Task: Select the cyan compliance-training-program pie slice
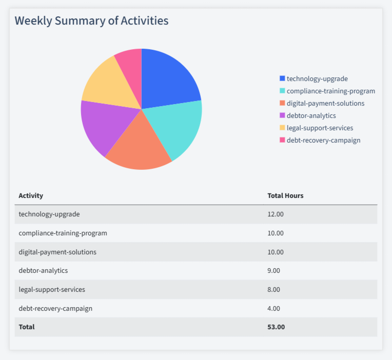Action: click(177, 128)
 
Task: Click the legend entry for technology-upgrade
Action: click(317, 78)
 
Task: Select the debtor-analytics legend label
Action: click(311, 115)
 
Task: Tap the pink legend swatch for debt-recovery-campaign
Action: click(282, 140)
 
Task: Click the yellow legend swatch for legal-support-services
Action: click(282, 128)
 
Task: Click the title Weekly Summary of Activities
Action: click(91, 21)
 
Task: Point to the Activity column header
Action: click(31, 195)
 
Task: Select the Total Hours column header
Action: click(285, 195)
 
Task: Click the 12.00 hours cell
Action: click(276, 214)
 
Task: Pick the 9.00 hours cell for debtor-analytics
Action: click(274, 270)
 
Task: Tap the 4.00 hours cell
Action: click(274, 308)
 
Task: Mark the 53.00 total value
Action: click(276, 327)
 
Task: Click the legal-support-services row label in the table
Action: click(52, 289)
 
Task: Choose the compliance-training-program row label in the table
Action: click(63, 233)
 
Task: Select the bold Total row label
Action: click(27, 327)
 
